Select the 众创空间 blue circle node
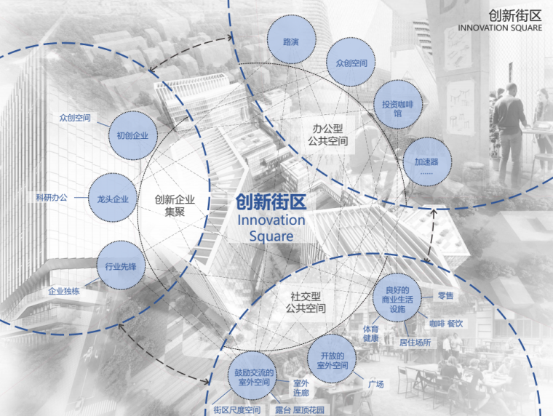pos(351,63)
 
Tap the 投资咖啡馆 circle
pos(397,105)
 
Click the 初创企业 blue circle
pos(132,135)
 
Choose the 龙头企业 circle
pos(113,199)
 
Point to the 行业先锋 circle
pos(121,266)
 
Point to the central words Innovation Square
pos(271,228)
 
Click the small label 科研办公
pos(52,197)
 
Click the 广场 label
pos(375,384)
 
